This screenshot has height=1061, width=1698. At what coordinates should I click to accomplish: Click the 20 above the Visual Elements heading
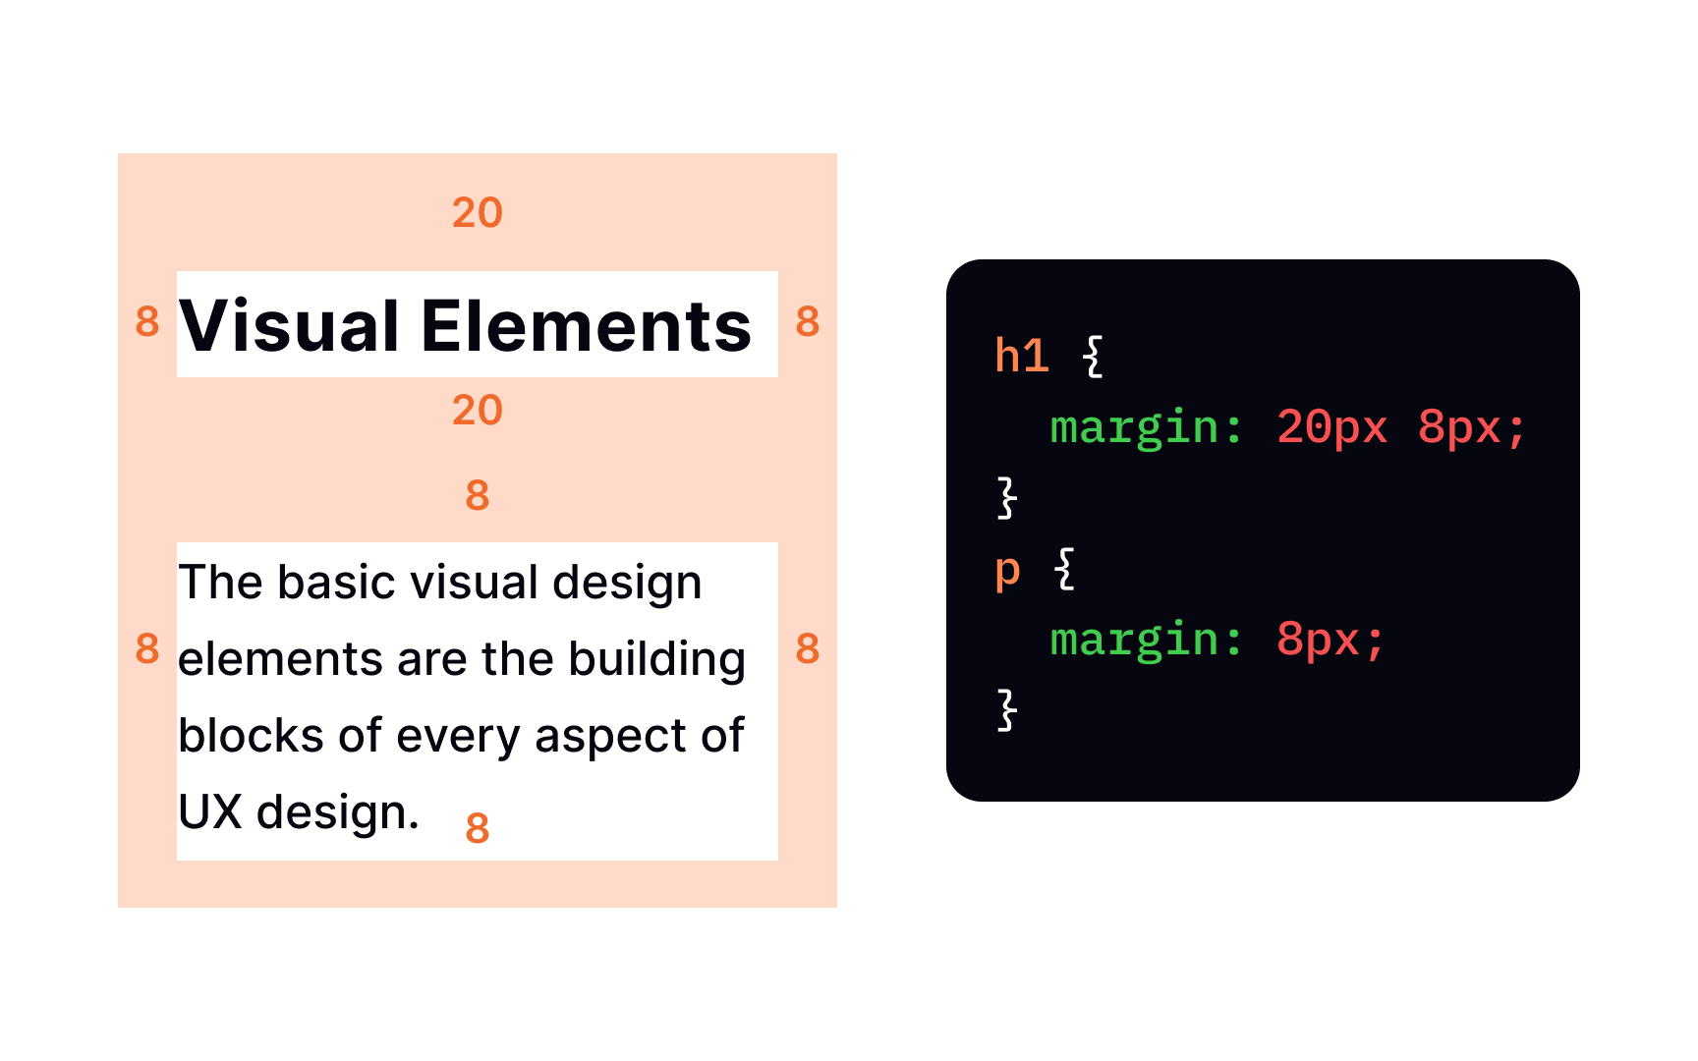478,212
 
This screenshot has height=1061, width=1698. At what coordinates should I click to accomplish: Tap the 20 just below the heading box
478,410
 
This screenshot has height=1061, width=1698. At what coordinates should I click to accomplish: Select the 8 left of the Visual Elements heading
147,321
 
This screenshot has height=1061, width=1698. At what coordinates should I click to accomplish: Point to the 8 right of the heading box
808,321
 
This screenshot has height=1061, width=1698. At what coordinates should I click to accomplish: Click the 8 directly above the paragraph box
478,495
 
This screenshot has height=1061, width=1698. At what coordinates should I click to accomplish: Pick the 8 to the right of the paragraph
808,648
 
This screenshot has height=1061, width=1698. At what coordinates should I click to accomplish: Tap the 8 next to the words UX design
478,828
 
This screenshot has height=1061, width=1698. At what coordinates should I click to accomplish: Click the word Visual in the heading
289,326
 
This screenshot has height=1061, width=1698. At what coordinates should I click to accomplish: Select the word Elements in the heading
587,326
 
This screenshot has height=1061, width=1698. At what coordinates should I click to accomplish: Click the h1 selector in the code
1022,355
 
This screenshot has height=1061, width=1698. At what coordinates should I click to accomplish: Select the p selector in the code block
1008,571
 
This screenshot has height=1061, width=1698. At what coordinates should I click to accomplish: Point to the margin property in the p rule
1135,641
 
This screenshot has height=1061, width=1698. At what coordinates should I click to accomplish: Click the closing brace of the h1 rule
1007,497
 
